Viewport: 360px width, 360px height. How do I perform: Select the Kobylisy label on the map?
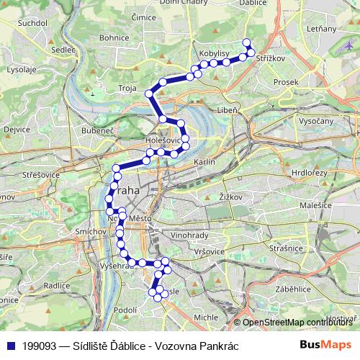pyautogui.click(x=215, y=54)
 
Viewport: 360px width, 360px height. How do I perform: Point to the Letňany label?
pyautogui.click(x=321, y=29)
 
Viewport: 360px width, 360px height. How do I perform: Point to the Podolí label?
pyautogui.click(x=125, y=310)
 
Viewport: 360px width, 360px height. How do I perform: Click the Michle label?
pyautogui.click(x=206, y=317)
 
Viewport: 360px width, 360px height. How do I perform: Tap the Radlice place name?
pyautogui.click(x=35, y=285)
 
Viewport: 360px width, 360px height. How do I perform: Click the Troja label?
pyautogui.click(x=127, y=87)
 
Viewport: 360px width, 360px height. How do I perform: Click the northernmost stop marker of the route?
pyautogui.click(x=247, y=42)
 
